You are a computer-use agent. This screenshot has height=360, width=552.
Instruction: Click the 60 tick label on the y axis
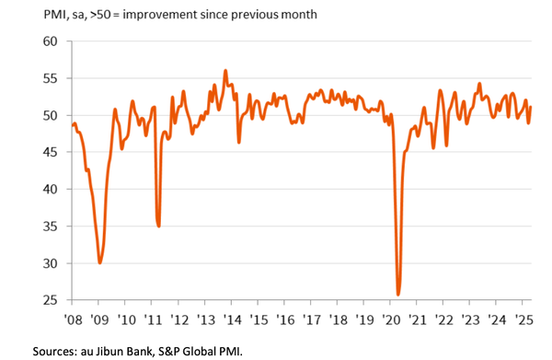click(50, 41)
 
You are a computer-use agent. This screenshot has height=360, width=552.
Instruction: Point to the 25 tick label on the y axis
click(50, 300)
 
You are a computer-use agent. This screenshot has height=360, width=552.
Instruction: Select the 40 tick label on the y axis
click(50, 189)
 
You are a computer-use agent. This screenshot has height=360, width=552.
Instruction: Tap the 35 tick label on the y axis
click(50, 226)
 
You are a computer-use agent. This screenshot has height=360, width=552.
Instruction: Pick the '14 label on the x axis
click(234, 320)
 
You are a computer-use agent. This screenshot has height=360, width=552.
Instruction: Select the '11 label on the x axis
click(154, 320)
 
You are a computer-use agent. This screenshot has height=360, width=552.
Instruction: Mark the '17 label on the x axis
click(314, 320)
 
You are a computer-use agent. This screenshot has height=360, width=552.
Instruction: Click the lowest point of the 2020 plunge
click(398, 295)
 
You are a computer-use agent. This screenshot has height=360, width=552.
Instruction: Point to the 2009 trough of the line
click(100, 262)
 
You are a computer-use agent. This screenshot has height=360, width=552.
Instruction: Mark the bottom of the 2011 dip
click(159, 226)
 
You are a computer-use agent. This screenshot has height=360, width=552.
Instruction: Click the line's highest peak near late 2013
click(225, 70)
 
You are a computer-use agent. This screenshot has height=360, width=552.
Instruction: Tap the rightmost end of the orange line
click(531, 108)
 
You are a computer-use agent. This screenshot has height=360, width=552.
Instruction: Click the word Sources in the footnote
click(58, 350)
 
